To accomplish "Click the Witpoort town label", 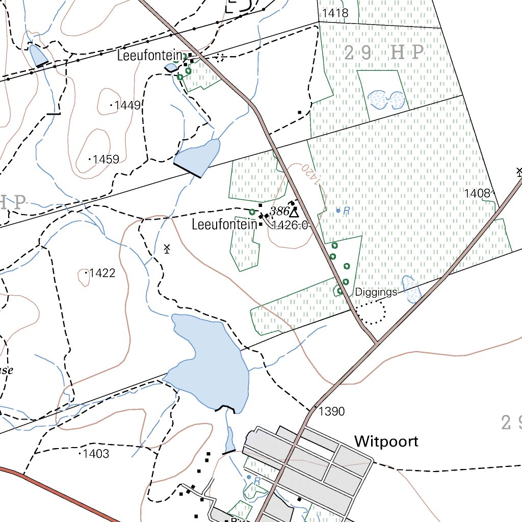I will (386, 441).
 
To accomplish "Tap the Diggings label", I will (376, 292).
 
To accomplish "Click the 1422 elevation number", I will (102, 273).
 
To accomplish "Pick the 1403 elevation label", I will (96, 454).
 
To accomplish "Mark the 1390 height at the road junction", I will (332, 411).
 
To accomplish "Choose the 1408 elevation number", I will (477, 193).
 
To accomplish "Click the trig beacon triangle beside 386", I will (294, 212).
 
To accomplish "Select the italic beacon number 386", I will (280, 211).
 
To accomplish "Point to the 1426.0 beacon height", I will (290, 225).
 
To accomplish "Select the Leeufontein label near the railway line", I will (149, 56).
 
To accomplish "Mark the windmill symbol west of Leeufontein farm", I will (166, 249).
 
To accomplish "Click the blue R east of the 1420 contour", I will (347, 211).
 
